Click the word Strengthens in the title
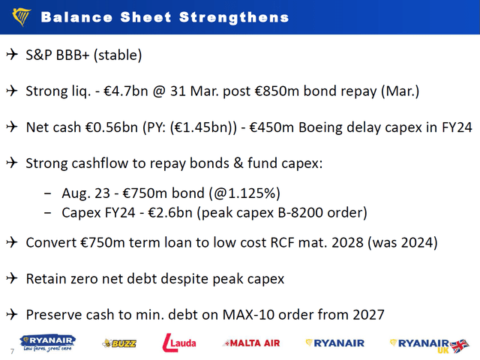[x=235, y=16]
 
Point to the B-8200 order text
[x=310, y=213]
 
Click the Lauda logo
[x=179, y=343]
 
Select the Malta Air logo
[x=252, y=343]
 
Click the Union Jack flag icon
[x=460, y=343]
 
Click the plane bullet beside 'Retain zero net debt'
[x=12, y=278]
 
